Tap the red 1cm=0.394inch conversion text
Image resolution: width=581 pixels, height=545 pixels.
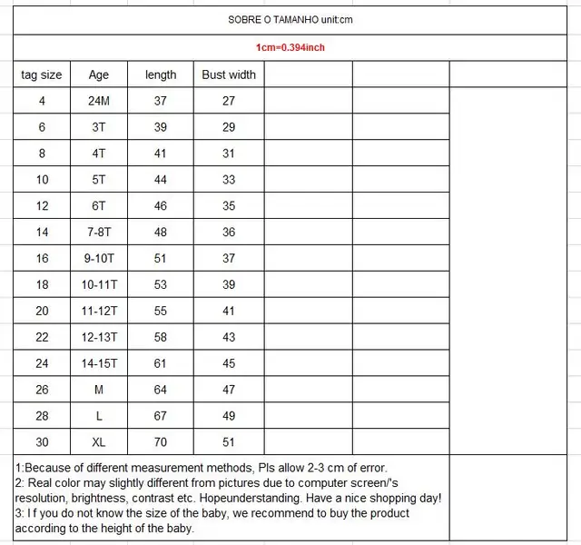click(x=290, y=46)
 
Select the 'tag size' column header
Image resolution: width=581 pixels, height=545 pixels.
click(x=42, y=74)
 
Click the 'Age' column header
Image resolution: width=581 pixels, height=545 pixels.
click(x=99, y=74)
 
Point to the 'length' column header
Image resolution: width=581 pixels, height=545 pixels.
click(x=161, y=74)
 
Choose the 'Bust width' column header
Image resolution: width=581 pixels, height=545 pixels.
click(x=229, y=74)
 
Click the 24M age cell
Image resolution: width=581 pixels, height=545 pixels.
click(x=99, y=101)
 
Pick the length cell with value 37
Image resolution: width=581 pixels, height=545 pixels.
click(x=161, y=101)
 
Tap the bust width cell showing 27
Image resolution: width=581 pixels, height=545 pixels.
click(x=229, y=101)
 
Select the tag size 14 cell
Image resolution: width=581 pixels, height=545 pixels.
click(x=42, y=233)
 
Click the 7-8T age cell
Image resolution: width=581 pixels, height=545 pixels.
click(x=99, y=233)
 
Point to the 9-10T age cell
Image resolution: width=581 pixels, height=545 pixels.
click(x=99, y=259)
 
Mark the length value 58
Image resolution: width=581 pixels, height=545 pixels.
click(x=161, y=338)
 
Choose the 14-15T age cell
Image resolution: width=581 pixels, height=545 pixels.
click(x=99, y=364)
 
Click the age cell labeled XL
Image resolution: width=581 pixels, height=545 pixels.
click(x=99, y=442)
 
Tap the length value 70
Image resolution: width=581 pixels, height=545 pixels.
click(x=161, y=442)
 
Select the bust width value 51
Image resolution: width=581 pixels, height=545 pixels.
click(x=229, y=442)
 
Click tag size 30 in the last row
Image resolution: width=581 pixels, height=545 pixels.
click(x=42, y=442)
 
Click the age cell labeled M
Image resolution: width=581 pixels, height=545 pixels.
click(x=99, y=391)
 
